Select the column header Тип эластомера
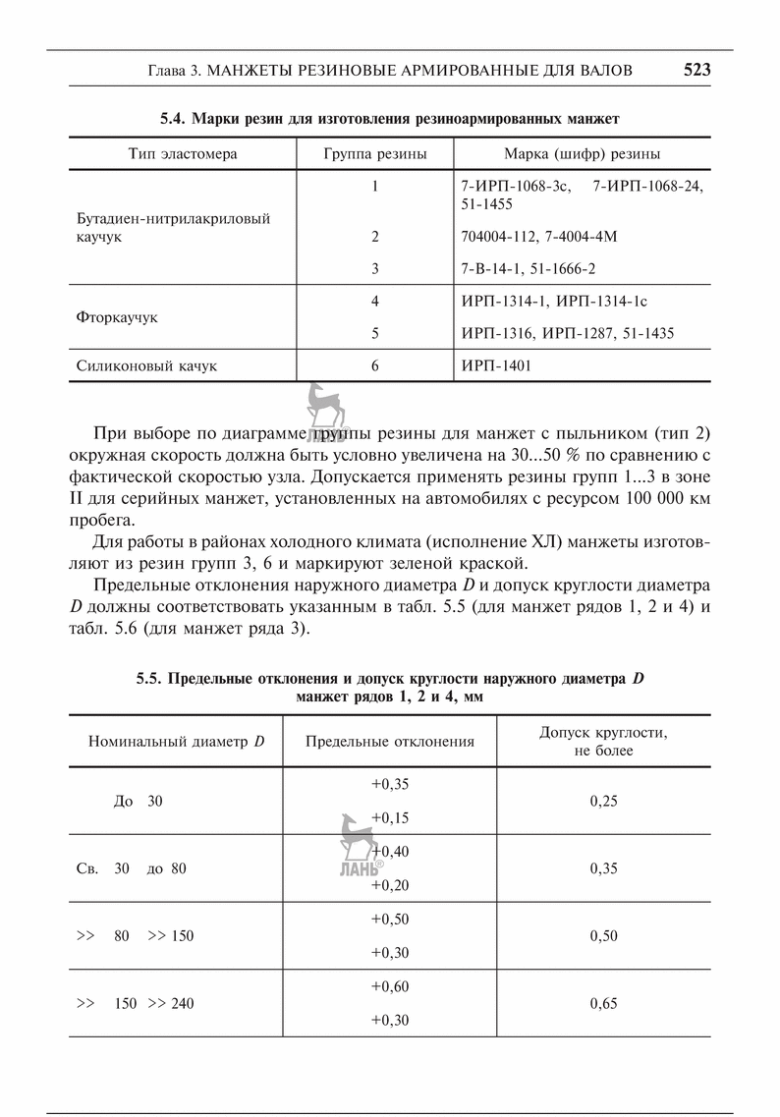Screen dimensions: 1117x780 [183, 154]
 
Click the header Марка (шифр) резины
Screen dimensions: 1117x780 [582, 154]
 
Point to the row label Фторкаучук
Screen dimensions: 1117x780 [117, 318]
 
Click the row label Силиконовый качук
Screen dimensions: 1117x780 [146, 366]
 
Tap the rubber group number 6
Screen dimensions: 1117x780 [375, 366]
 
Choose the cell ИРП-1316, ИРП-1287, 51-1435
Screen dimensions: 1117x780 [567, 334]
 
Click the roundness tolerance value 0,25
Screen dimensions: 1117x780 [604, 801]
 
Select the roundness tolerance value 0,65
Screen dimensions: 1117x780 [604, 1004]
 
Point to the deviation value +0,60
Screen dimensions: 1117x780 [390, 986]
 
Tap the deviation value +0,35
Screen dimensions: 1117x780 [390, 784]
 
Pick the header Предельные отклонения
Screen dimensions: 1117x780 [390, 741]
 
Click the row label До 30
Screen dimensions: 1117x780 [139, 801]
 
